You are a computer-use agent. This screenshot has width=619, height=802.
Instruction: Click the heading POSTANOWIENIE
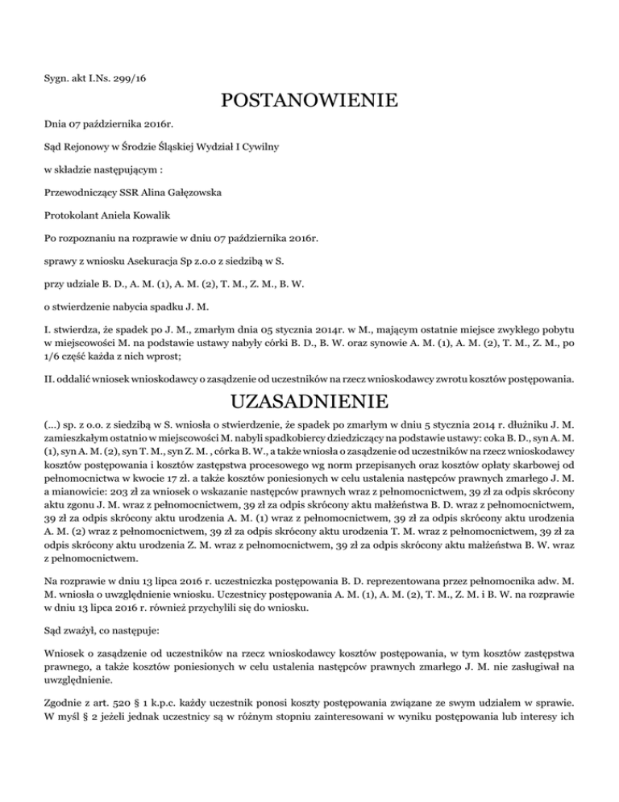pyautogui.click(x=309, y=102)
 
